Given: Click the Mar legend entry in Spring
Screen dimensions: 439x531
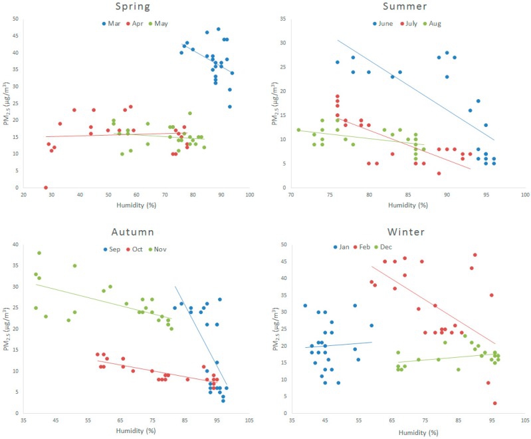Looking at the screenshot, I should pyautogui.click(x=112, y=23).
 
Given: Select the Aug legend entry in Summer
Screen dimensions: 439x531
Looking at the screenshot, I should pyautogui.click(x=435, y=23).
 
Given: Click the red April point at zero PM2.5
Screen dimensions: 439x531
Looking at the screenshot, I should pyautogui.click(x=46, y=188).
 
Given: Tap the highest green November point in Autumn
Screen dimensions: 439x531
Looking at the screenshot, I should pyautogui.click(x=39, y=253).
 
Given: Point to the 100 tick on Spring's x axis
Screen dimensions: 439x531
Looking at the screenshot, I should pyautogui.click(x=250, y=195).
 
